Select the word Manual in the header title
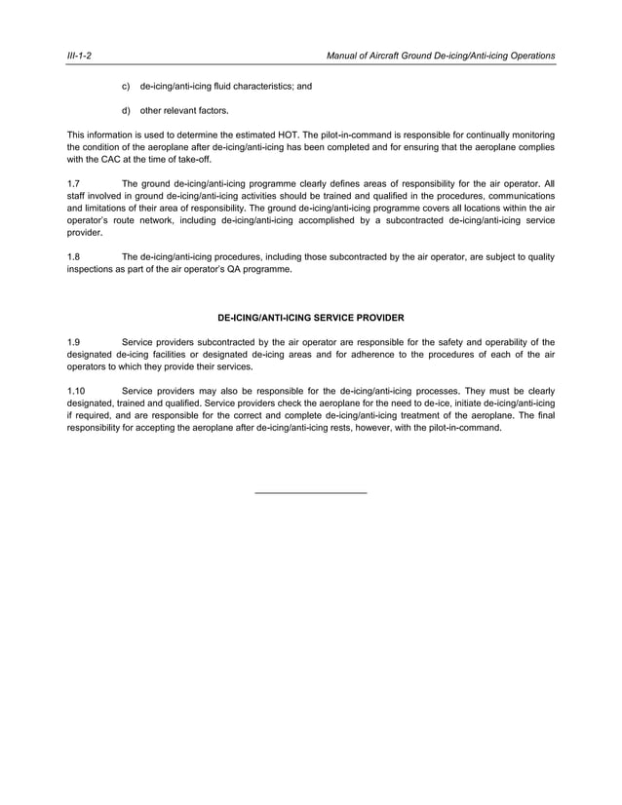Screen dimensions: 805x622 [348, 57]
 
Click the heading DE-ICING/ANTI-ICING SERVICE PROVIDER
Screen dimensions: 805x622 [310, 318]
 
